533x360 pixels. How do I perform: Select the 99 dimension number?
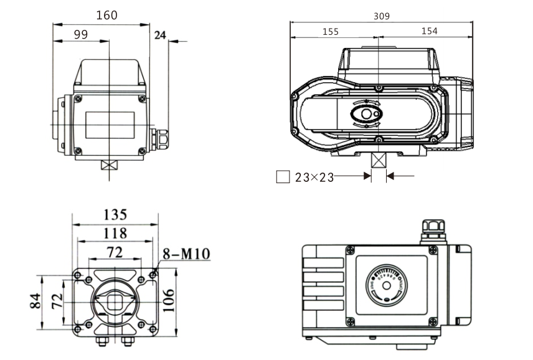(x=80, y=35)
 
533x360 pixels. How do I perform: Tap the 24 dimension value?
(x=159, y=36)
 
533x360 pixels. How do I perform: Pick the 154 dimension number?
(x=429, y=31)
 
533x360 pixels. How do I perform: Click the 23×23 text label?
(x=314, y=178)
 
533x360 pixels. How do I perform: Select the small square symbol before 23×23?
(x=283, y=178)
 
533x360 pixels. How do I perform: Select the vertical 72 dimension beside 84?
(x=56, y=302)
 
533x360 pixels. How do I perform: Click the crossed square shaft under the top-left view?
(x=109, y=166)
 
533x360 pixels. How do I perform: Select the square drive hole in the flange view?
(x=115, y=303)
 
